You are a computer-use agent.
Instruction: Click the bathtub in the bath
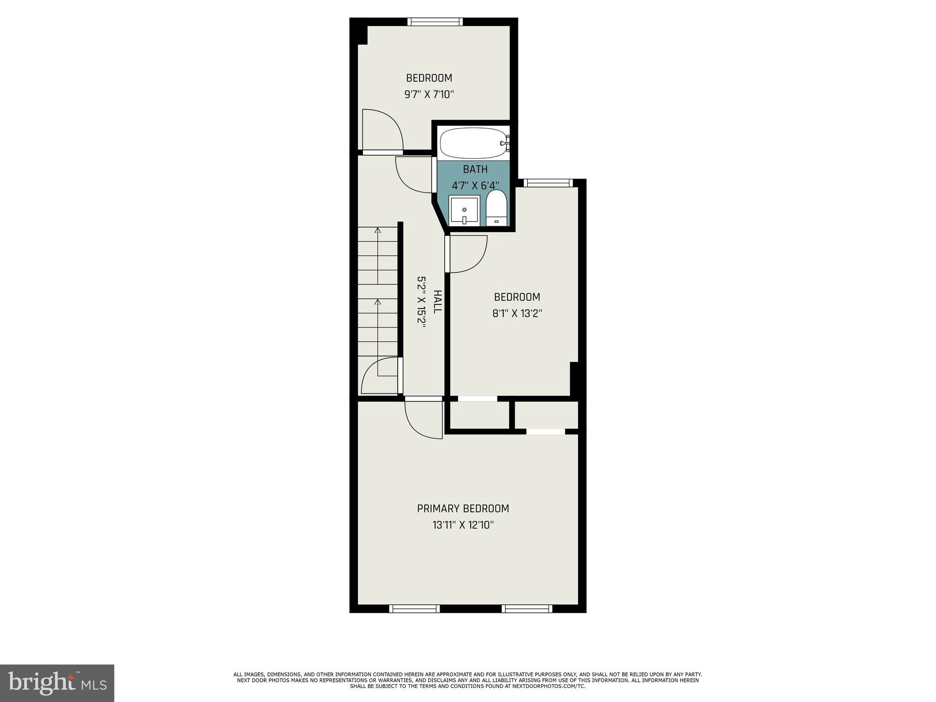tap(473, 143)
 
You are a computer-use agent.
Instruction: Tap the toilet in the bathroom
tap(496, 208)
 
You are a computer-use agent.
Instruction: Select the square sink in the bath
tap(464, 211)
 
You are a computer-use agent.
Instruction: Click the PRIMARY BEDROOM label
tap(463, 508)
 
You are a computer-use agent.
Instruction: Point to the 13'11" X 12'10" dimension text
tap(463, 525)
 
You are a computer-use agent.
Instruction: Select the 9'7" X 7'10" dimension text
tap(429, 95)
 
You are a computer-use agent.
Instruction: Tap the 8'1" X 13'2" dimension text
tap(517, 314)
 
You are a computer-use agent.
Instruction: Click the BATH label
tap(475, 169)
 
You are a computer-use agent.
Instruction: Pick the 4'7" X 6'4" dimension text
tap(475, 186)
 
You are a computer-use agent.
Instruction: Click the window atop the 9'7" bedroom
tap(435, 21)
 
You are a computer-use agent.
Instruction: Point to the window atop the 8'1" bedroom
tap(548, 183)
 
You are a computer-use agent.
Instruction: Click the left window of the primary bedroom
tap(415, 608)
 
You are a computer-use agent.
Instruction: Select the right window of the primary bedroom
tap(527, 608)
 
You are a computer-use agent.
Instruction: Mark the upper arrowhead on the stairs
tap(378, 230)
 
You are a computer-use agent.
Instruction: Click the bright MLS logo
tap(57, 683)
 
